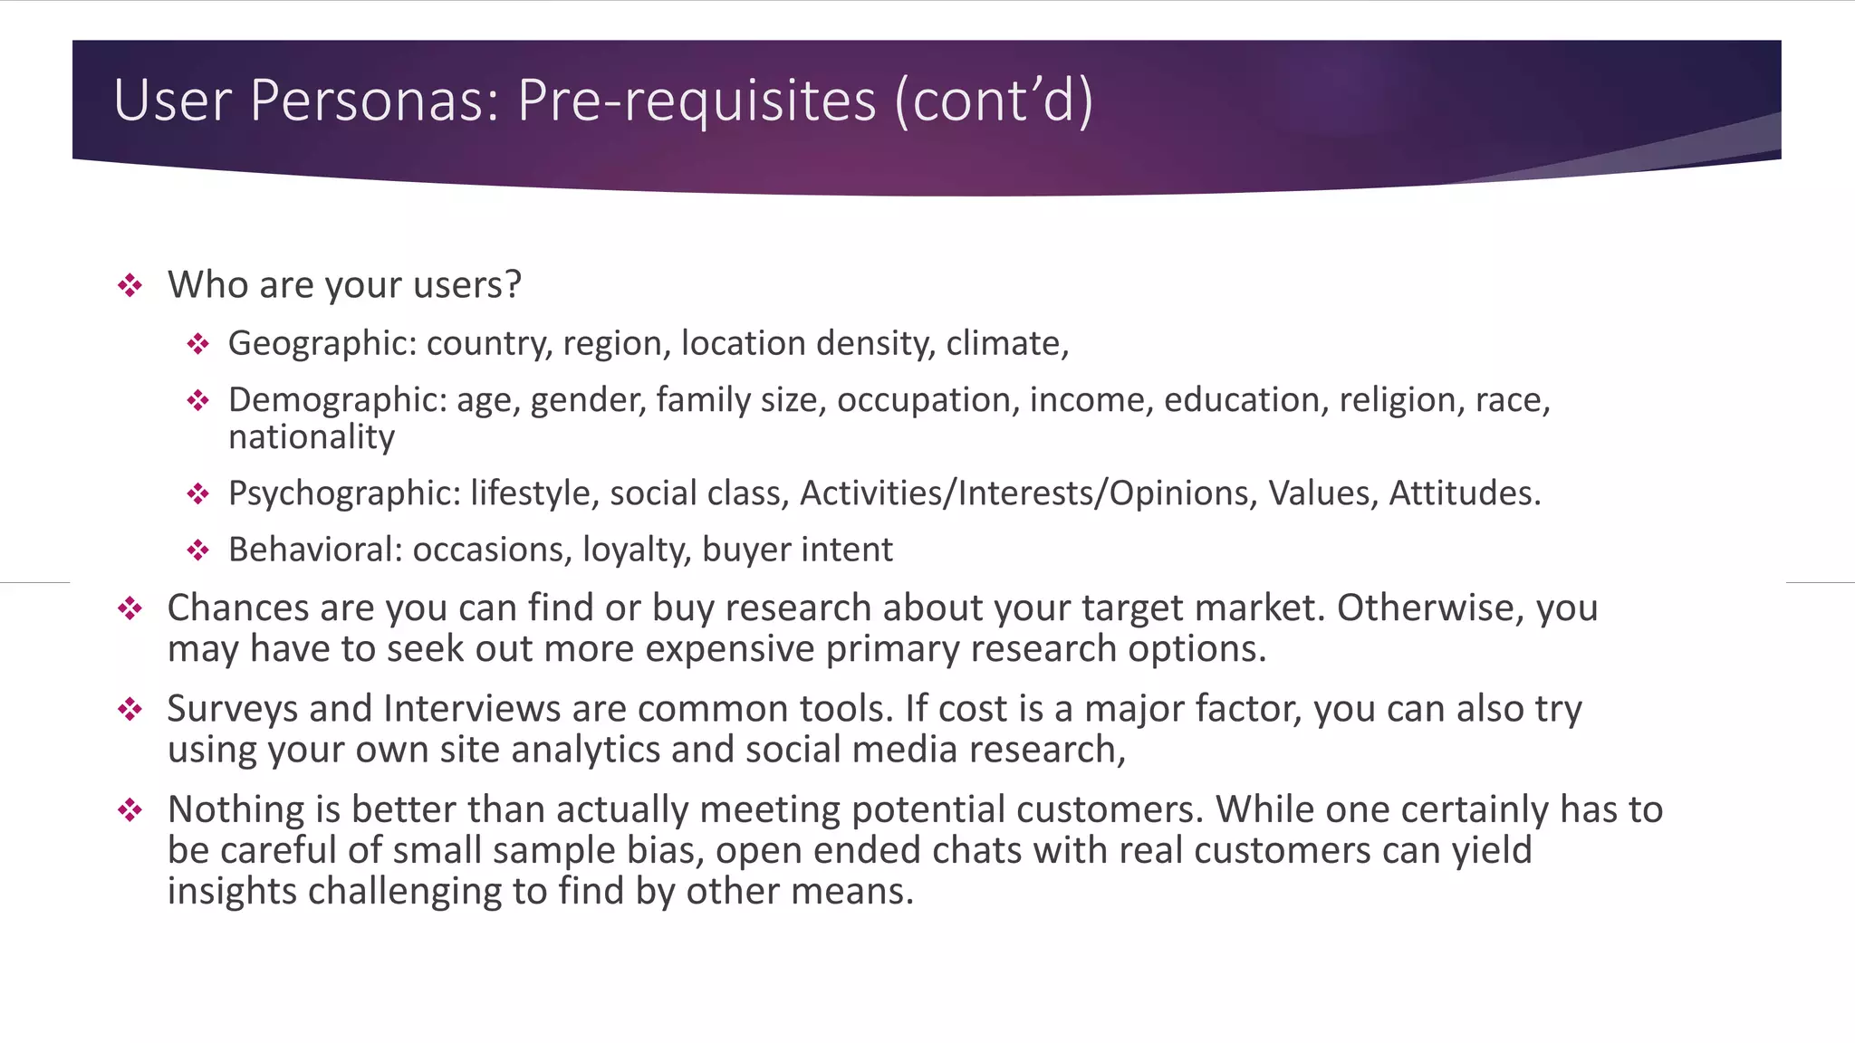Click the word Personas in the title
[x=373, y=100]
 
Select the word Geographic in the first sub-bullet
[x=322, y=344]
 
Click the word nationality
[x=312, y=437]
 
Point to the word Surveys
[x=232, y=709]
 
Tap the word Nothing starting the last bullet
[x=235, y=809]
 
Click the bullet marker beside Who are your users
[x=130, y=286]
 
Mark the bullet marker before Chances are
[x=130, y=608]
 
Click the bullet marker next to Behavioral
[x=198, y=550]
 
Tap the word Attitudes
[x=1465, y=493]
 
